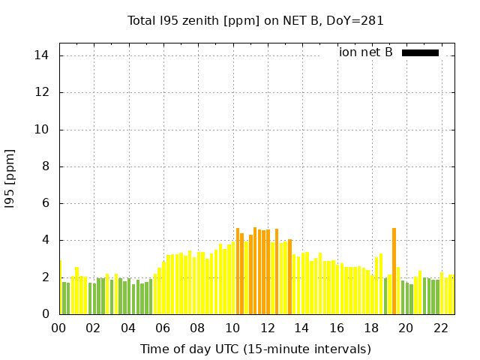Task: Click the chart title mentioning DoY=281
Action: coord(256,21)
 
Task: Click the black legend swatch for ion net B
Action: coord(420,52)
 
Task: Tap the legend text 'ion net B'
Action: coord(365,52)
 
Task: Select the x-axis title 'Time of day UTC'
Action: coord(256,349)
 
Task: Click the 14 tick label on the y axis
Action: coord(42,55)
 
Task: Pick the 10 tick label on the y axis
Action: coord(42,130)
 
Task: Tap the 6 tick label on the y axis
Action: coord(45,203)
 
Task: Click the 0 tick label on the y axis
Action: coord(45,314)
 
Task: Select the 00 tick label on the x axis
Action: coord(59,328)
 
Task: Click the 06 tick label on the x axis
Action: coord(163,328)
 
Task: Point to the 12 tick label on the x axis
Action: coord(267,328)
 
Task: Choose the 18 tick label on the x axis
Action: coord(370,328)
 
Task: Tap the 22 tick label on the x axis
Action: coord(440,328)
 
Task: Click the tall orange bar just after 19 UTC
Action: coord(394,271)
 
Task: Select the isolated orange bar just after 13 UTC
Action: coord(289,277)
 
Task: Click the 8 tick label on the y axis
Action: coord(45,166)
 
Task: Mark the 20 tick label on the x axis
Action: coord(405,328)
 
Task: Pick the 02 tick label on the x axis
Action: coord(94,328)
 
